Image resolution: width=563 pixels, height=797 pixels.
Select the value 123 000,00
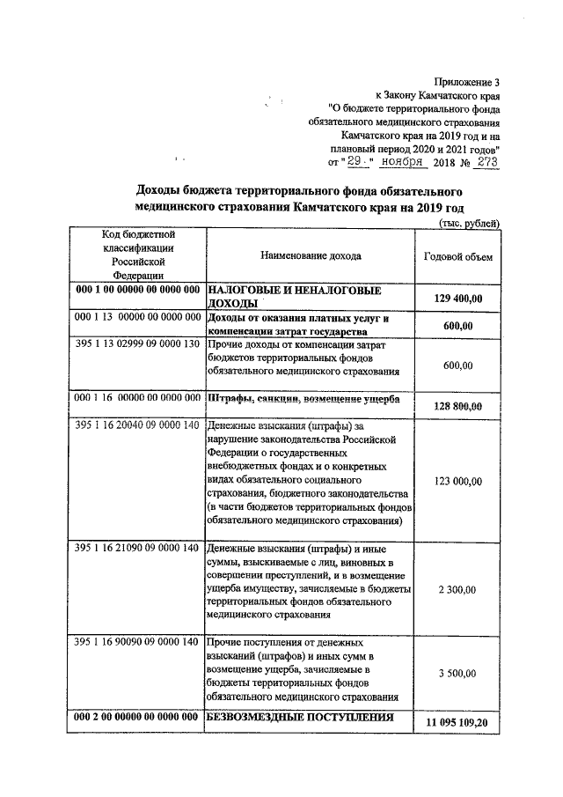[x=458, y=481]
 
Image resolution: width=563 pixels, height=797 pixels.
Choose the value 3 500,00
[x=458, y=673]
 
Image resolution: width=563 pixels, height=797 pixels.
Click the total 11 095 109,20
[x=457, y=722]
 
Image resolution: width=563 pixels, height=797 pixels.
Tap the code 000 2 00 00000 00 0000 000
[x=138, y=717]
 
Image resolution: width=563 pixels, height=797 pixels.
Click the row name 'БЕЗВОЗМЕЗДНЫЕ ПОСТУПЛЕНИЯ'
[x=299, y=717]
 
